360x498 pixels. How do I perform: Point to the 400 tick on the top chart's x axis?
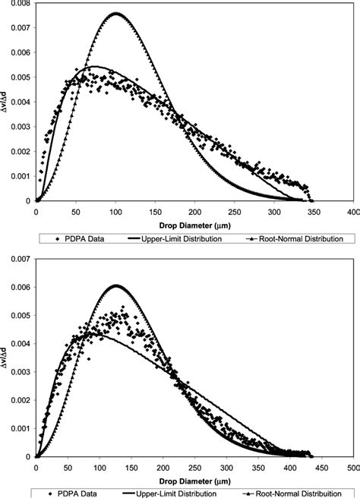coord(352,210)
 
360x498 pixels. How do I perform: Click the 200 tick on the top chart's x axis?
coord(194,210)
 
